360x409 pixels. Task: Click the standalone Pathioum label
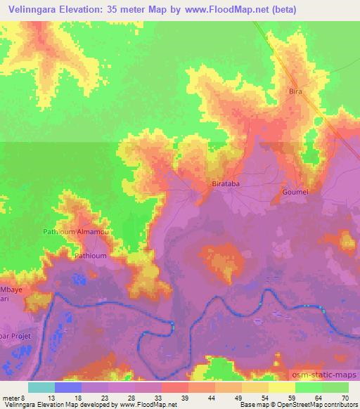91,256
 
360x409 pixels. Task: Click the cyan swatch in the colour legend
41,387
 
